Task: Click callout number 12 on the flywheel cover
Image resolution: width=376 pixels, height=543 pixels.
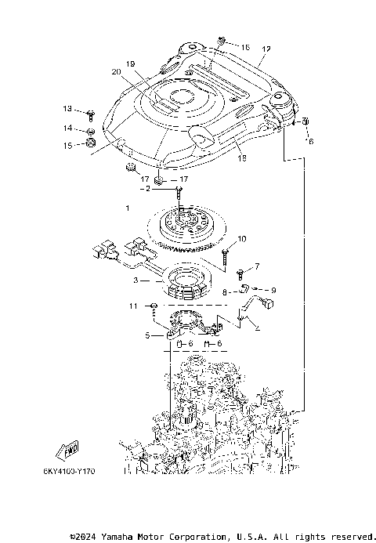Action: tap(266, 49)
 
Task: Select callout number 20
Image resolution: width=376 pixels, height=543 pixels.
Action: tap(116, 72)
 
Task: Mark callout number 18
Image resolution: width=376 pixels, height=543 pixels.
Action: tap(241, 158)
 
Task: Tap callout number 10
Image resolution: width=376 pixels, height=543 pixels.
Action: tap(242, 238)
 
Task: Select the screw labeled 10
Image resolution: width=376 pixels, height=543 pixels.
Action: tap(225, 252)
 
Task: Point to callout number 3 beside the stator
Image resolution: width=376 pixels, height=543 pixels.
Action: tap(136, 279)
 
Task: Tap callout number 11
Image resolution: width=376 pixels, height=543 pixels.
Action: tap(133, 305)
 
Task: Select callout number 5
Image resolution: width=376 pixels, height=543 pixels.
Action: tap(146, 335)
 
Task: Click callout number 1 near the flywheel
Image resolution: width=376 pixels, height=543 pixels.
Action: tap(128, 209)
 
